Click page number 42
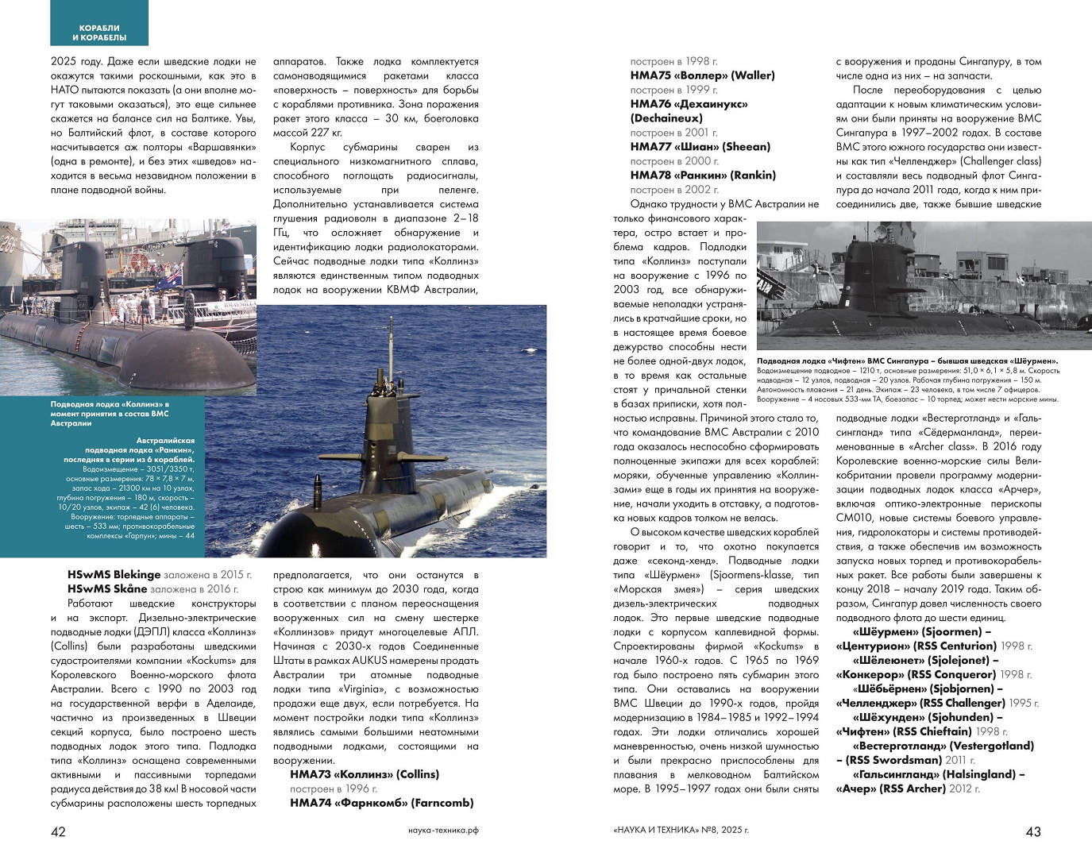pyautogui.click(x=58, y=831)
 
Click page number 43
pyautogui.click(x=1033, y=831)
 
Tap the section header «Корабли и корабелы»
pyautogui.click(x=99, y=33)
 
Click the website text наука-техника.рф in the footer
pyautogui.click(x=443, y=831)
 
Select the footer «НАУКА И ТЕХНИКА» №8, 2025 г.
pyautogui.click(x=681, y=831)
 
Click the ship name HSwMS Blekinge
pyautogui.click(x=114, y=574)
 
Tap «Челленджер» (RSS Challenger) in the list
pyautogui.click(x=920, y=703)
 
